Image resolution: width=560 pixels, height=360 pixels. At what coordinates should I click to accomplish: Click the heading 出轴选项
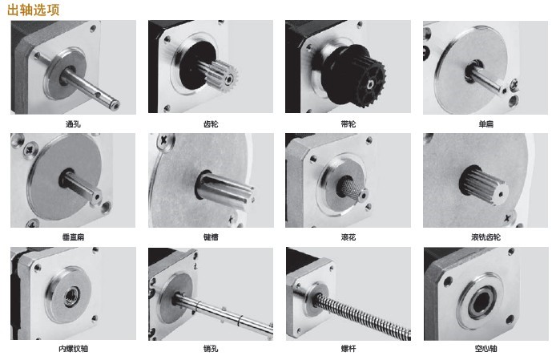click(33, 10)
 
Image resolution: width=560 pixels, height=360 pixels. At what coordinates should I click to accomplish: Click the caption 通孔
click(73, 124)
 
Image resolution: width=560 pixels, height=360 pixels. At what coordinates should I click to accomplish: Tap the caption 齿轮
click(211, 124)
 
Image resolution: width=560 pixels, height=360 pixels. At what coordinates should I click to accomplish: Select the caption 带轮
click(348, 124)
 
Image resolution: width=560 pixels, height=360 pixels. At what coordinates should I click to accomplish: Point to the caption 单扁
click(485, 124)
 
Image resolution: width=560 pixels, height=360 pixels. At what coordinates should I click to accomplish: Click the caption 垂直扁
click(73, 237)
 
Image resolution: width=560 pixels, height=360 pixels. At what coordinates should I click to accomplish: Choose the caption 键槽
click(211, 237)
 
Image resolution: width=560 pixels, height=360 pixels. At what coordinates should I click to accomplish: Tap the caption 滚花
click(348, 237)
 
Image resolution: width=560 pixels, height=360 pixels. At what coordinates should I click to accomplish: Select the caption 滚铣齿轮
click(485, 237)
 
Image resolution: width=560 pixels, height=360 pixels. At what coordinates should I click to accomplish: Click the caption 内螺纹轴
click(73, 349)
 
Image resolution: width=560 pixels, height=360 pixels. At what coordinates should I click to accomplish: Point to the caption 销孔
click(211, 349)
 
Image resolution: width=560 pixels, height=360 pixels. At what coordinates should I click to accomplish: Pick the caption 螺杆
click(348, 349)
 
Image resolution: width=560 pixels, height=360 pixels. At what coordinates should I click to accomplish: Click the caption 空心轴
click(485, 349)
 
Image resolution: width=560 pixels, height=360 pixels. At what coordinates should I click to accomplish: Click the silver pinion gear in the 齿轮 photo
click(220, 75)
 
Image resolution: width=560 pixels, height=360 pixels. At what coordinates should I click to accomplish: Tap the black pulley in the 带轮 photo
click(353, 75)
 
